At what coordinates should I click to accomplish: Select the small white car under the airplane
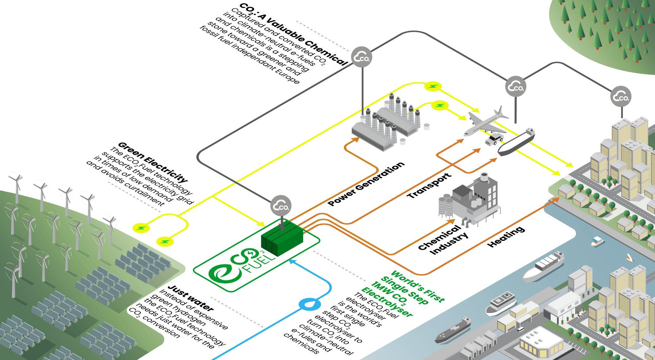coord(494,139)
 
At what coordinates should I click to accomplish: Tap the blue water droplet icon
coord(309,304)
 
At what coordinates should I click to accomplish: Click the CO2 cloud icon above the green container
coord(281,206)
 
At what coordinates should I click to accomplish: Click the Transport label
coord(429,186)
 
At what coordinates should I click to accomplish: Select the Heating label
coord(506,237)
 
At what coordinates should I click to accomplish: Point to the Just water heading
coord(191,298)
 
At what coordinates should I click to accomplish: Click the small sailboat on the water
coord(629,258)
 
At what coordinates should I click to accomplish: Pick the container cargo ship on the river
coord(544,266)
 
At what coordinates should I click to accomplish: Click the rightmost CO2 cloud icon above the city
coord(621,97)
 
